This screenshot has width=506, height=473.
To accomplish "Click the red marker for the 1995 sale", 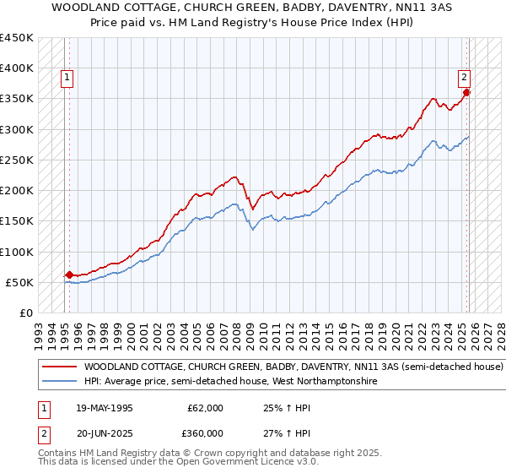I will click(68, 275).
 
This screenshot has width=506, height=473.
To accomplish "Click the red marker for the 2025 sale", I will click(466, 93).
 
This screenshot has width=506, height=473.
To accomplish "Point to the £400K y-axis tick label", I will click(16, 68).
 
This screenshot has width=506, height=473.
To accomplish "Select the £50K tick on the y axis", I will click(19, 282).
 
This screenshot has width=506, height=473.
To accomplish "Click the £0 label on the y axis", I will click(26, 313).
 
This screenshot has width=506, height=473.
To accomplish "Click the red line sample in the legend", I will click(59, 367).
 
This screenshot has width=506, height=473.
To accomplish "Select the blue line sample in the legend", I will click(59, 382).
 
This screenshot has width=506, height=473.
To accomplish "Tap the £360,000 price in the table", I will click(206, 432).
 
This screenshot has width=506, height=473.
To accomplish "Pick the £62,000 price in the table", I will click(206, 408).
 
